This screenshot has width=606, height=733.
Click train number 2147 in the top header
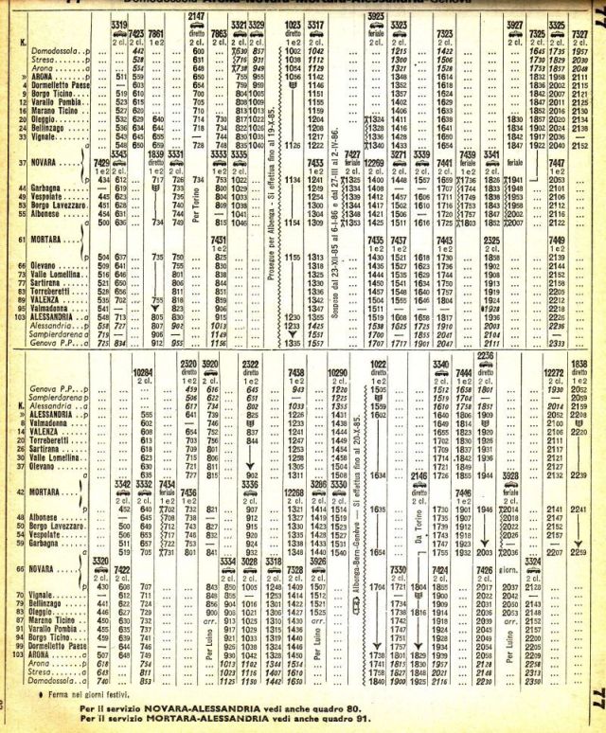pyautogui.click(x=197, y=17)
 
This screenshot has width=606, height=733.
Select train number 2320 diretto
pyautogui.click(x=187, y=363)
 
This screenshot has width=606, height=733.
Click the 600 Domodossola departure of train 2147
pyautogui.click(x=199, y=48)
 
